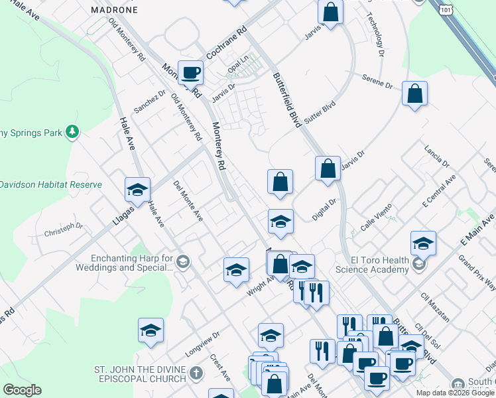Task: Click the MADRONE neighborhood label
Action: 114,11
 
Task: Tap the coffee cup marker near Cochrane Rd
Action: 190,72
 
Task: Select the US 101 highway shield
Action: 441,9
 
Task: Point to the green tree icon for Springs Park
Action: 72,133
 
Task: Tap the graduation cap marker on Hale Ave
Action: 138,190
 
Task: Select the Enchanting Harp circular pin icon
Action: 184,261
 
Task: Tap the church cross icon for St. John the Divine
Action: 195,373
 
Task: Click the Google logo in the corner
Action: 22,390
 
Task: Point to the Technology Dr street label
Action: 375,37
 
